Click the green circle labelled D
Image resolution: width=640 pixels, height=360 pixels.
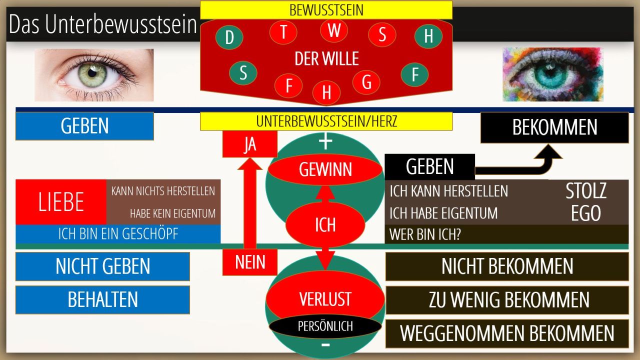[x=229, y=37]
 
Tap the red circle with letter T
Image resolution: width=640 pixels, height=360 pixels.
[x=283, y=31]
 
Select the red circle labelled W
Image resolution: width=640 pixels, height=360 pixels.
[x=333, y=30]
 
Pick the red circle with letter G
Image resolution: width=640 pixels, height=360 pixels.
[x=366, y=82]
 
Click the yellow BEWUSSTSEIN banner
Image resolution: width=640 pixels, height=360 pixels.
[x=326, y=10]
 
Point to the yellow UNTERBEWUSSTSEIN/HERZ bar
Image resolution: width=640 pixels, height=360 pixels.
[x=326, y=121]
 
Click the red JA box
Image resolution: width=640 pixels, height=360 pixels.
[x=249, y=144]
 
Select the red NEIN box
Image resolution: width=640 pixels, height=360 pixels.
[x=249, y=262]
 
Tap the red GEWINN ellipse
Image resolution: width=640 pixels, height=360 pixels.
[x=325, y=169]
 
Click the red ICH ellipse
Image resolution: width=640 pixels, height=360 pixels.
[x=325, y=224]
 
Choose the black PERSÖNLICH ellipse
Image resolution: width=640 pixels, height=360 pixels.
[x=325, y=326]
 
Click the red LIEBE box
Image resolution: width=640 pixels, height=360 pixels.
[x=61, y=202]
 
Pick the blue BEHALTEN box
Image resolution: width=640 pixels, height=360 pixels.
[x=102, y=299]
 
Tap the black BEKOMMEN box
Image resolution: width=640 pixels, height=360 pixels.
[x=554, y=127]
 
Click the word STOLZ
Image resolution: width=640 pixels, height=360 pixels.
[x=586, y=191]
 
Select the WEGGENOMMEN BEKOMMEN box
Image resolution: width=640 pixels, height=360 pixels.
[x=507, y=333]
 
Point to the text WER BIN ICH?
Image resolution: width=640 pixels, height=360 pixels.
[x=425, y=234]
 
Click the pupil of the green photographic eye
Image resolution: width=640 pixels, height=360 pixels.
[x=92, y=73]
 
